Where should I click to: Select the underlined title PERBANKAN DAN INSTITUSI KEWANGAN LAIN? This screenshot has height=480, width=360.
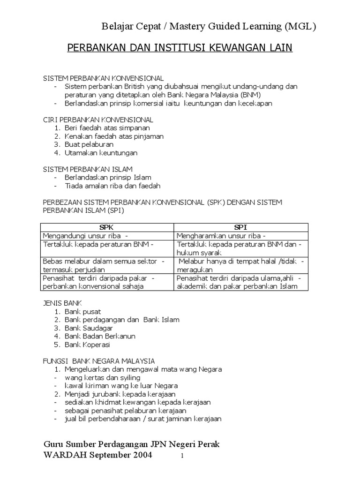[x=180, y=48]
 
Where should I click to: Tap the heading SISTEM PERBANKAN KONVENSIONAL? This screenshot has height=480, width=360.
[x=103, y=78]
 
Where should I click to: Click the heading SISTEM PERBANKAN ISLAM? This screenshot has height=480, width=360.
[x=88, y=169]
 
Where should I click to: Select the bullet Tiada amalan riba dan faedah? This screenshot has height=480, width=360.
[x=112, y=186]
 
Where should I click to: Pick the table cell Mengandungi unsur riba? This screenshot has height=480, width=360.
[x=82, y=236]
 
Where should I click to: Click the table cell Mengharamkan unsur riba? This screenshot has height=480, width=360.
[x=218, y=236]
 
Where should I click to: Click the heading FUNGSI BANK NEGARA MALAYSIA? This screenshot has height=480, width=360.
[x=99, y=361]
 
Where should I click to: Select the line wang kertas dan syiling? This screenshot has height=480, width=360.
[x=103, y=377]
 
